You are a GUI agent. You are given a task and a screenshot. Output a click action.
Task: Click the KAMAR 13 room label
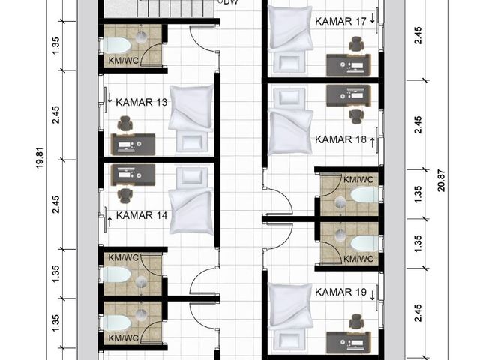click(142, 102)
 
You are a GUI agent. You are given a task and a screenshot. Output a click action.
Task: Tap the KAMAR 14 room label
click(142, 215)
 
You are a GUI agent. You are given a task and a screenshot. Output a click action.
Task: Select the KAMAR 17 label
click(340, 22)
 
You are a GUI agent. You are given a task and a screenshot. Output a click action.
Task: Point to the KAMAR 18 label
click(340, 139)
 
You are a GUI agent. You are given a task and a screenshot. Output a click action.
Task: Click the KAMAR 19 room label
click(340, 292)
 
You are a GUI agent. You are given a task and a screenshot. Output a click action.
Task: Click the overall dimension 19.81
click(40, 158)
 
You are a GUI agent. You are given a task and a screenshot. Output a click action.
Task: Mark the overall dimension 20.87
click(441, 181)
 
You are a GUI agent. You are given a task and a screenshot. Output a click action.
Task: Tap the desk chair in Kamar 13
click(125, 124)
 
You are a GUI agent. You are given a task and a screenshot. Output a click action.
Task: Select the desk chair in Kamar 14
click(125, 196)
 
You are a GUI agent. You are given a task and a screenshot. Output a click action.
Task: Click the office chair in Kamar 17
click(357, 44)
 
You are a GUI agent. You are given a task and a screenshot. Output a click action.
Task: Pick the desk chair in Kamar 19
click(357, 322)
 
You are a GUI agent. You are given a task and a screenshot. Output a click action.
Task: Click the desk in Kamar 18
click(349, 95)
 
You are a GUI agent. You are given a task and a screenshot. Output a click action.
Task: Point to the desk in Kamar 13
click(133, 145)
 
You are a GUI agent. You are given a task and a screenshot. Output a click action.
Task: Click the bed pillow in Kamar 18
click(289, 97)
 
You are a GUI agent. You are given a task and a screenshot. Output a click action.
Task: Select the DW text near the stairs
click(231, 2)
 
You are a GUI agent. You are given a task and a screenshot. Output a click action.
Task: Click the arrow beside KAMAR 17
click(373, 18)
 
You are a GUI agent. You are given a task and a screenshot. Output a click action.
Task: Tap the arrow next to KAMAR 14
click(109, 222)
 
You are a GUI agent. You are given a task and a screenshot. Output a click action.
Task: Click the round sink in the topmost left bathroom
click(142, 37)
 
